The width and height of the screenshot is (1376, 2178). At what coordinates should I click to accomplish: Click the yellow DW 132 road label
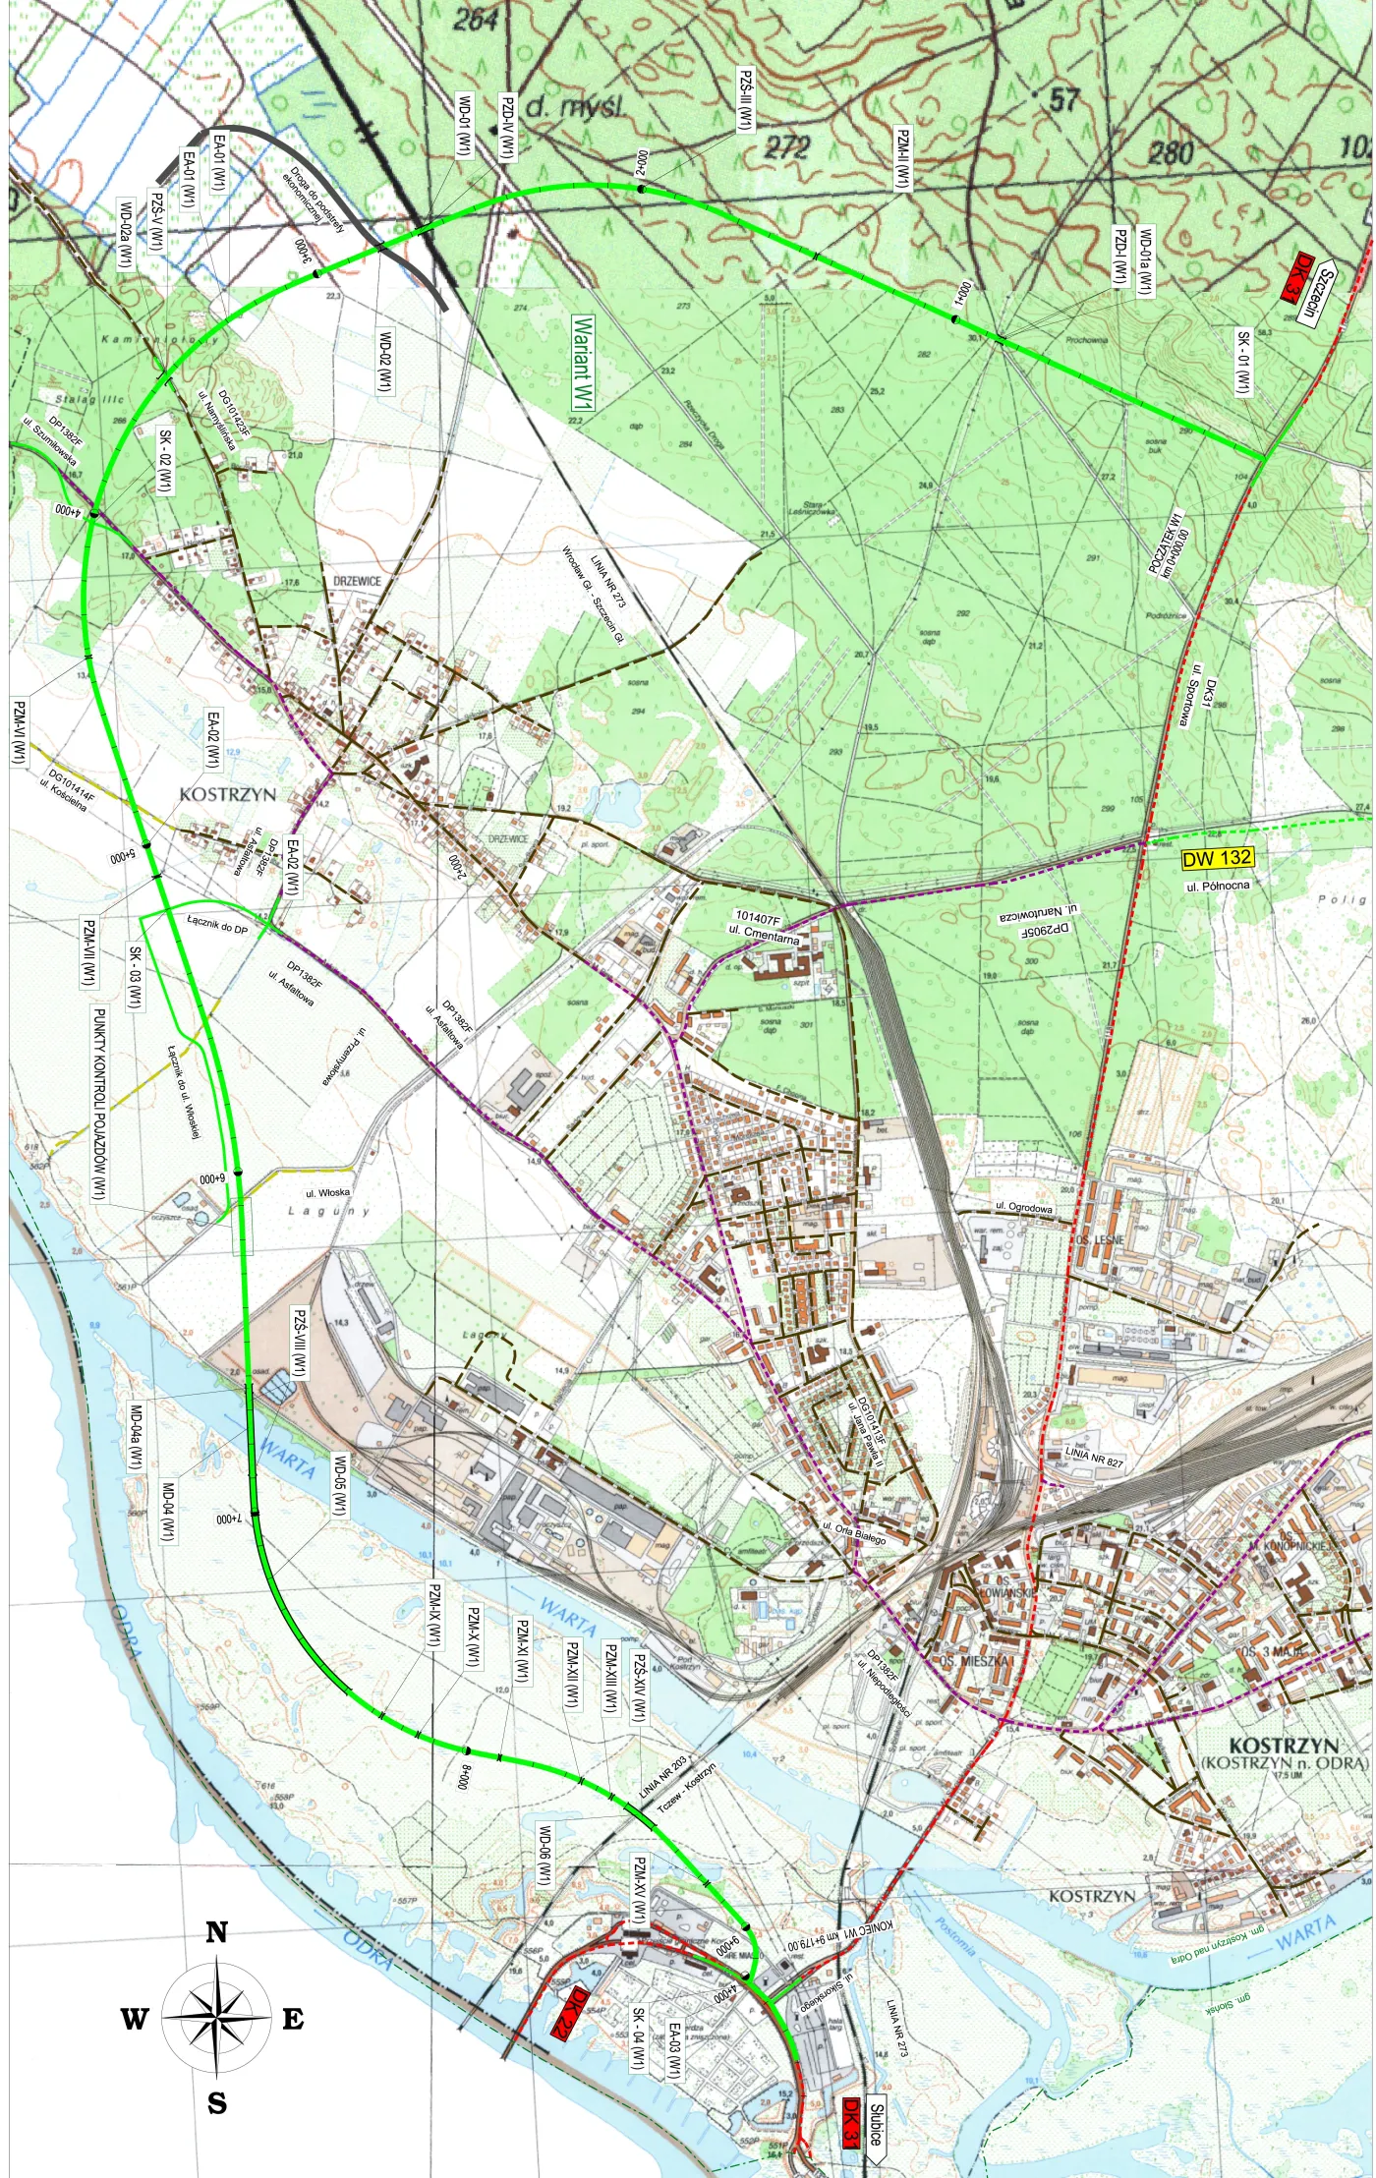[1217, 858]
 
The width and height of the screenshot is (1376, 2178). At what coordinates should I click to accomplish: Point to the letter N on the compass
[216, 1932]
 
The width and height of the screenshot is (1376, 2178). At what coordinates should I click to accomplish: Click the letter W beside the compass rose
[135, 2020]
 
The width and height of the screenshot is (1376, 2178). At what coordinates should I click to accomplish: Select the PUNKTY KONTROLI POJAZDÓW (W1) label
[98, 1103]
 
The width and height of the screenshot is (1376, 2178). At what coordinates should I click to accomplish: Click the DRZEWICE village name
[357, 581]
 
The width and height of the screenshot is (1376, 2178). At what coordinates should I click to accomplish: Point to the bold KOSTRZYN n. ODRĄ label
[1283, 1754]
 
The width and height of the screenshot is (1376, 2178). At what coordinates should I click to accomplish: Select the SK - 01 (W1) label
[1243, 363]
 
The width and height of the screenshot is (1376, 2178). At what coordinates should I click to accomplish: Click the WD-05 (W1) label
[340, 1484]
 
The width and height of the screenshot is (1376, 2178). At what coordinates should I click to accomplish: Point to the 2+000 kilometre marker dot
[641, 189]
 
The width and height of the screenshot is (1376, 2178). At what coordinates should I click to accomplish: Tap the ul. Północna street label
[1218, 886]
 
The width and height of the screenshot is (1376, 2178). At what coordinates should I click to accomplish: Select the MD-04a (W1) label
[136, 1437]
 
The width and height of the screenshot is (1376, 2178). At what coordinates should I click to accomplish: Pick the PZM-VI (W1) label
[19, 731]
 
